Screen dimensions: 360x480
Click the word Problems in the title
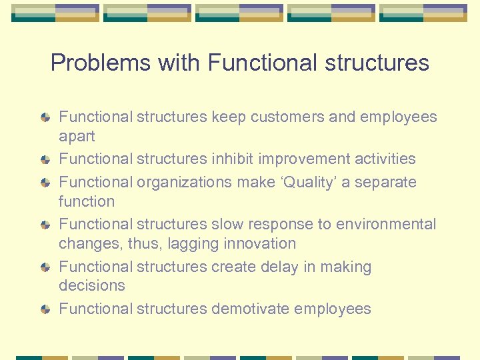[101, 63]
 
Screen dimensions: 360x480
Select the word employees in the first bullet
[398, 117]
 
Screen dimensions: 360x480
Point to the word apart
[77, 137]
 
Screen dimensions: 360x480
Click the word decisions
[91, 285]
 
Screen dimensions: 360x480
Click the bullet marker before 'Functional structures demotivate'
[45, 309]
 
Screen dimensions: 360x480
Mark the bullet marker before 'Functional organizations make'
[45, 183]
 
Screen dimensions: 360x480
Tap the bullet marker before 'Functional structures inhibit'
[45, 160]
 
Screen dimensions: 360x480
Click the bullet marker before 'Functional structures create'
[45, 267]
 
